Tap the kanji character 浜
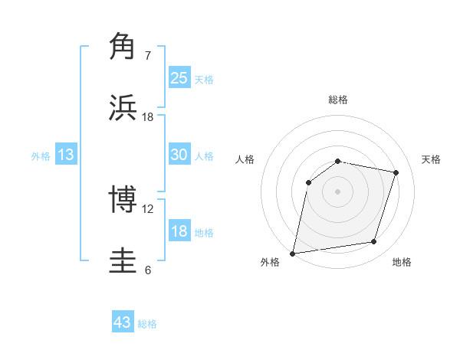(x=123, y=107)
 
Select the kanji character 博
(x=123, y=199)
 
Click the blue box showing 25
(x=179, y=77)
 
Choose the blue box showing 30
(x=179, y=154)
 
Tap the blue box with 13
(x=66, y=155)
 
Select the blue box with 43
(x=123, y=322)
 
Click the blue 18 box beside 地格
(x=179, y=231)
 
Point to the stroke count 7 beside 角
(x=148, y=55)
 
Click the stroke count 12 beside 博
(x=148, y=208)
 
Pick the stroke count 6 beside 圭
(x=148, y=270)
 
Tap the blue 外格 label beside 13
(x=41, y=156)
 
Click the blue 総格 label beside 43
(x=147, y=324)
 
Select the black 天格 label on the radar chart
(x=431, y=159)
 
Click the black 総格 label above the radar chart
(x=338, y=100)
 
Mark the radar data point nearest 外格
(x=293, y=253)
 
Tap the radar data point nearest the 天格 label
(x=396, y=172)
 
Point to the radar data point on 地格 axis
(x=374, y=242)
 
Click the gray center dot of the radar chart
(x=338, y=191)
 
